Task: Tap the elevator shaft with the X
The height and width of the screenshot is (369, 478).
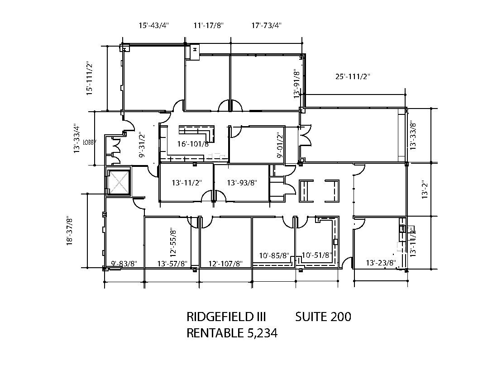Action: [x=118, y=182]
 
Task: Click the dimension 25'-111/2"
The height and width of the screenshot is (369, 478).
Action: [x=353, y=76]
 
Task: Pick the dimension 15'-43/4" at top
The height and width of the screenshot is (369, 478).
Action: [x=153, y=25]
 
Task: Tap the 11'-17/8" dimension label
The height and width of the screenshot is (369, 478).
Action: [x=209, y=25]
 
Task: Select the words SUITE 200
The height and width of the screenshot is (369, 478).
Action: [x=323, y=317]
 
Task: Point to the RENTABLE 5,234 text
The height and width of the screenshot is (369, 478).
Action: [x=232, y=333]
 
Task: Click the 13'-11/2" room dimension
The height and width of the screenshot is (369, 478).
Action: [x=186, y=183]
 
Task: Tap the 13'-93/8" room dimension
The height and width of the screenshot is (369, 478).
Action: [x=242, y=183]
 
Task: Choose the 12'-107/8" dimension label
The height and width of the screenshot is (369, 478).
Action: [x=225, y=264]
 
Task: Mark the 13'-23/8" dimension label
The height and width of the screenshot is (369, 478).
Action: [x=381, y=263]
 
